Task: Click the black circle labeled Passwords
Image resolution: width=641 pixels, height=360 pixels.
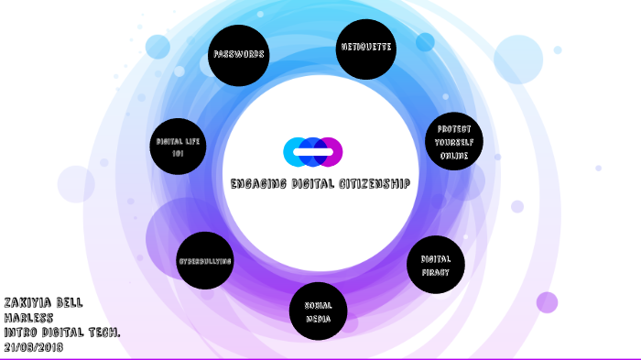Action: pyautogui.click(x=239, y=55)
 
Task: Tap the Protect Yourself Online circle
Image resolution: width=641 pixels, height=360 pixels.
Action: pyautogui.click(x=453, y=142)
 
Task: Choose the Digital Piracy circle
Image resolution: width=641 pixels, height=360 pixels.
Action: pyautogui.click(x=436, y=265)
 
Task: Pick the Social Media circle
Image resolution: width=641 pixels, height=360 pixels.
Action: pyautogui.click(x=318, y=311)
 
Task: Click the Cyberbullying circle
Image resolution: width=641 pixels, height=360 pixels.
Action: pyautogui.click(x=205, y=260)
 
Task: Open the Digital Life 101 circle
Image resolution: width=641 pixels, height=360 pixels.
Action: pyautogui.click(x=178, y=147)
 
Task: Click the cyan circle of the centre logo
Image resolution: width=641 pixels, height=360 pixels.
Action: pyautogui.click(x=295, y=151)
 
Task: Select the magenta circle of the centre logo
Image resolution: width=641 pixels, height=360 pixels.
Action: pyautogui.click(x=331, y=151)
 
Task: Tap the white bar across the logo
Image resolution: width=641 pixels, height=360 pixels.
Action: pyautogui.click(x=313, y=151)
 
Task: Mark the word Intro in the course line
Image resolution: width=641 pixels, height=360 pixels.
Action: pyautogui.click(x=21, y=332)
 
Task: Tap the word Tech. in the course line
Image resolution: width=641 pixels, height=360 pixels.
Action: pyautogui.click(x=103, y=332)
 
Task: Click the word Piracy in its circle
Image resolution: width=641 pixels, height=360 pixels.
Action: pyautogui.click(x=436, y=272)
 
